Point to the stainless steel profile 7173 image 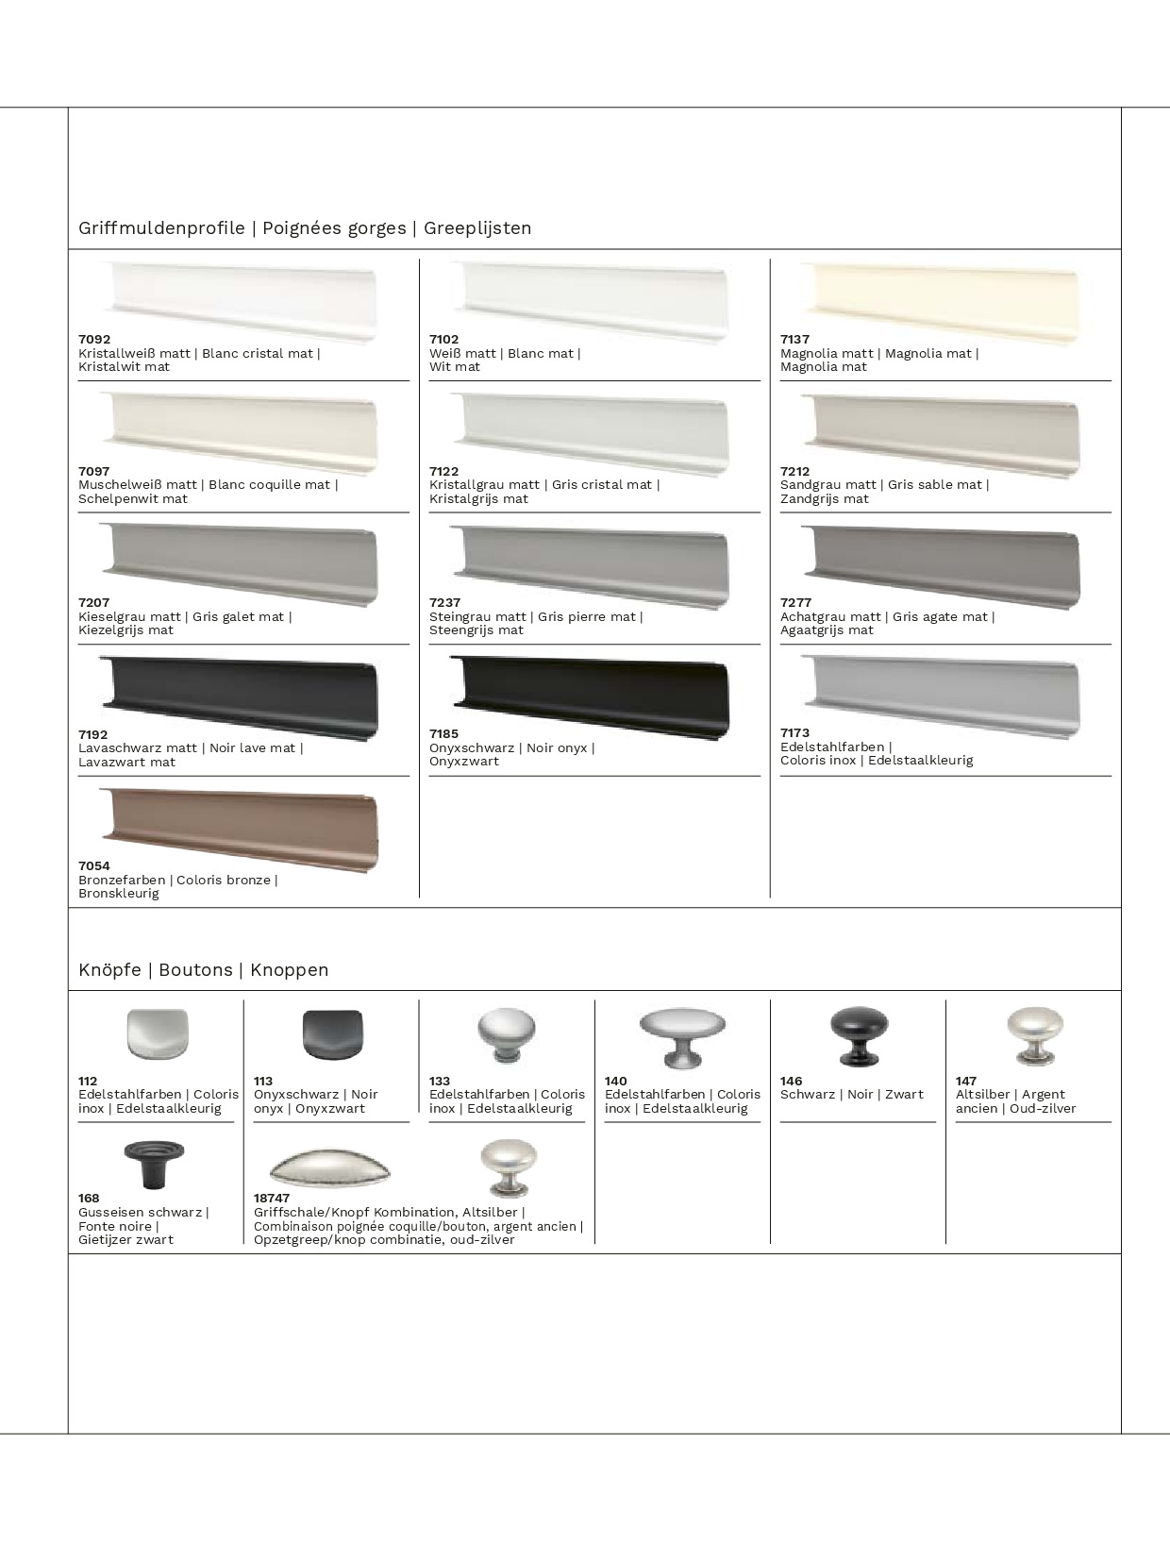click(x=941, y=696)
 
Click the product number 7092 click(x=94, y=340)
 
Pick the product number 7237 click(x=444, y=603)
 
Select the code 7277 click(x=795, y=603)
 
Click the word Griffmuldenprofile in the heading click(x=161, y=228)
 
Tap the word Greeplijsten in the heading click(x=477, y=228)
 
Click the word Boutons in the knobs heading click(x=195, y=970)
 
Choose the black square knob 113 click(x=332, y=1035)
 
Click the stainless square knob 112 click(x=158, y=1034)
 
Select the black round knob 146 click(x=859, y=1035)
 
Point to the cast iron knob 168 click(x=154, y=1164)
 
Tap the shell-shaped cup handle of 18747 click(x=329, y=1168)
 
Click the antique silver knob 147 click(x=1034, y=1035)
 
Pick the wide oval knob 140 click(x=682, y=1035)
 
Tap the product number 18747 click(x=272, y=1199)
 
